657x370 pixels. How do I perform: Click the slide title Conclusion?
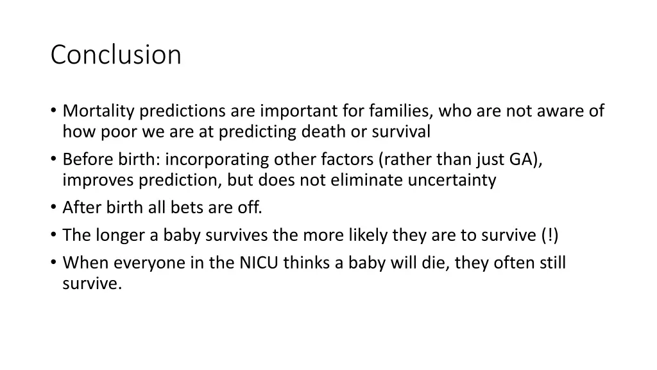(x=116, y=55)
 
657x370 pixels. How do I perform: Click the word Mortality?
(x=98, y=111)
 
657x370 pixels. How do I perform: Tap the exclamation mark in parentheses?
(x=549, y=235)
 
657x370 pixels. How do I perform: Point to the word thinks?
(x=307, y=263)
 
